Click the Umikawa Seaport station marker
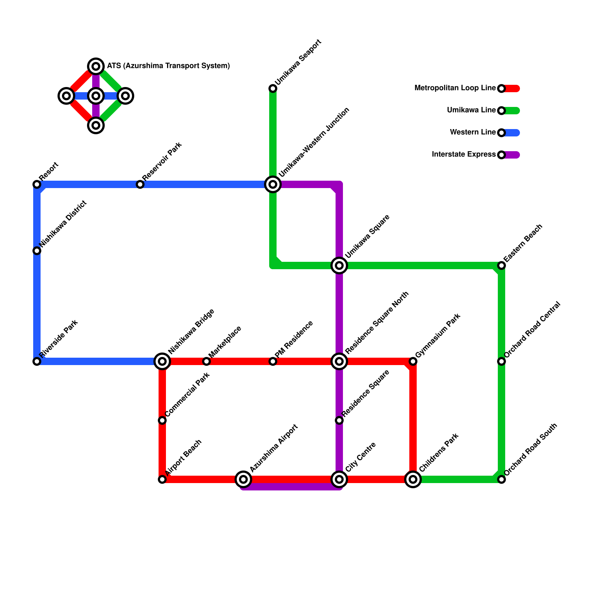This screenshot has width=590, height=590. [x=273, y=88]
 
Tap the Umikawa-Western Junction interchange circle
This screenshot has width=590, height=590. [x=273, y=184]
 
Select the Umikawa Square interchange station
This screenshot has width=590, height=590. [x=339, y=265]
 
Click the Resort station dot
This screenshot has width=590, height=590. [x=37, y=184]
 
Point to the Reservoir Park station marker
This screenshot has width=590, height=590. [x=140, y=184]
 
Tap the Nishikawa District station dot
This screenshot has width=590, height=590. [x=37, y=251]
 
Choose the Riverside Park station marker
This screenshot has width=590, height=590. [x=37, y=361]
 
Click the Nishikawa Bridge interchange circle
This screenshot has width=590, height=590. [x=162, y=361]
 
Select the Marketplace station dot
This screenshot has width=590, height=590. [x=206, y=361]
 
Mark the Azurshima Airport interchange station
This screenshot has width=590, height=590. [x=243, y=479]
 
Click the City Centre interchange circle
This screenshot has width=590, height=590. [x=339, y=479]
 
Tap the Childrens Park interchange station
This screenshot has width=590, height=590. [x=413, y=479]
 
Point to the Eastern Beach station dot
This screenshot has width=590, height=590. [x=502, y=265]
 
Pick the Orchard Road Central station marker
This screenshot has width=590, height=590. [x=502, y=361]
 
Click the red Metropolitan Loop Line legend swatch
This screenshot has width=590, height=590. [x=513, y=88]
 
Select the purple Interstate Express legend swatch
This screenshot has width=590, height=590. [x=513, y=155]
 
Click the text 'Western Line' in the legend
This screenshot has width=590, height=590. [x=473, y=132]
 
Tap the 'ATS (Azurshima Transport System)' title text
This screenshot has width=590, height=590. [x=168, y=66]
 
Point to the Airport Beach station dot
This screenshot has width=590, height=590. [x=162, y=479]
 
